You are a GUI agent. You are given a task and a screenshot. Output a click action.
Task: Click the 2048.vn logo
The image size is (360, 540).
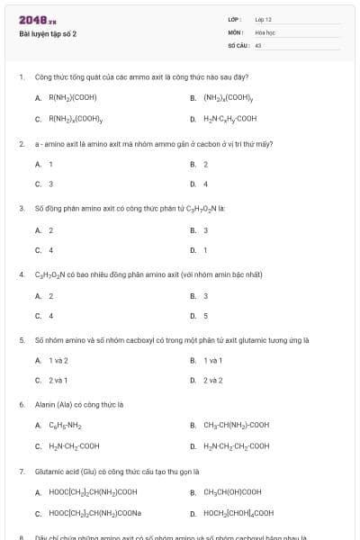[x=33, y=19]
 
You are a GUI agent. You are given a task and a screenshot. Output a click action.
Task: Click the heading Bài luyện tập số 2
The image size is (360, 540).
[x=48, y=34]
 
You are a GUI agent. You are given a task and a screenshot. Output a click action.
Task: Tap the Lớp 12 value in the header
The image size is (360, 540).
[x=263, y=19]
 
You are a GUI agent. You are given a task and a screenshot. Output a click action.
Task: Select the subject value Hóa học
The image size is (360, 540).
[x=265, y=31]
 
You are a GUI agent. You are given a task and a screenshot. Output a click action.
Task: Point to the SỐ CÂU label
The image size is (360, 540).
[x=238, y=44]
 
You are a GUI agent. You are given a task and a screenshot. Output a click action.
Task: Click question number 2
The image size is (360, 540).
[x=22, y=144]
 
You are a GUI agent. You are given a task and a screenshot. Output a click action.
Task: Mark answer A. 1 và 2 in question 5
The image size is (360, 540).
[x=58, y=360]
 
